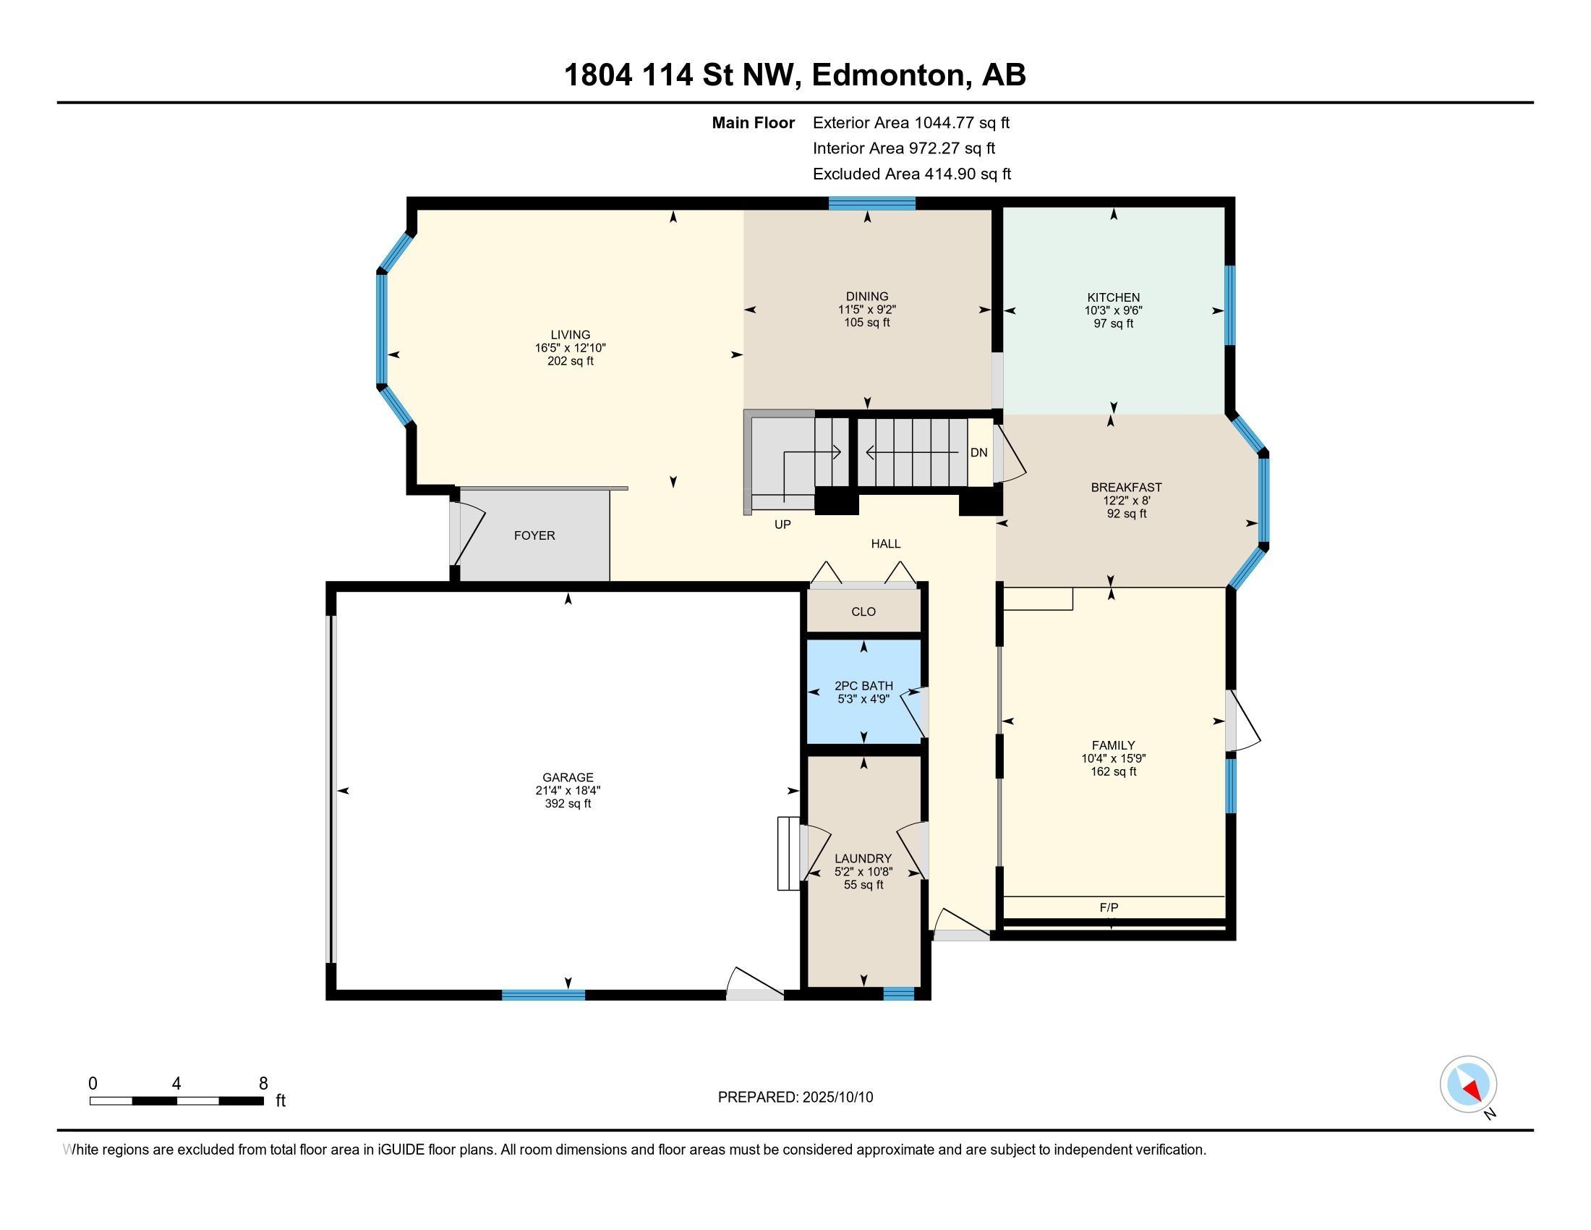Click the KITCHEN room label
click(1113, 297)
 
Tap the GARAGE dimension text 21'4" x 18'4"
click(568, 791)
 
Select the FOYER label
click(534, 535)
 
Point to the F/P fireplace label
click(1109, 907)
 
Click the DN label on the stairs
click(979, 452)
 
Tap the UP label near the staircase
click(782, 524)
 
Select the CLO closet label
click(863, 611)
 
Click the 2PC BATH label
click(864, 686)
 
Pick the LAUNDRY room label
click(863, 858)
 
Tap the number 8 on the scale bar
click(263, 1084)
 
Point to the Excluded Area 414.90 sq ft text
click(912, 174)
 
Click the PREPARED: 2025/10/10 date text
click(795, 1098)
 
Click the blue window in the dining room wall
click(871, 203)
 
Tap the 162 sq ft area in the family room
click(1113, 772)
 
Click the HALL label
click(886, 543)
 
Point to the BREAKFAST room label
click(1126, 488)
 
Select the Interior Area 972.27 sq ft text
click(904, 148)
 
